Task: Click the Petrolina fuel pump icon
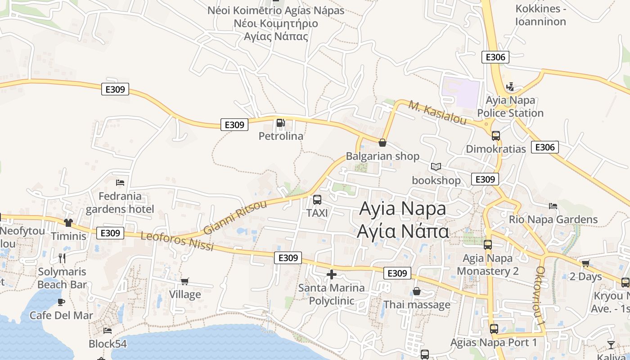pos(280,122)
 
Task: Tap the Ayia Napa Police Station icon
pos(510,86)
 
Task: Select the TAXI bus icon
pos(317,200)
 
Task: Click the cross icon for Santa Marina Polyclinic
pos(332,274)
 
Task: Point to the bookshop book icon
pos(436,167)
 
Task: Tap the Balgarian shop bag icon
pos(382,143)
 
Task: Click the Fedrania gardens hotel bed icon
pos(120,183)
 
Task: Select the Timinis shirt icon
pos(68,222)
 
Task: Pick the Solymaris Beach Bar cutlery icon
pos(62,258)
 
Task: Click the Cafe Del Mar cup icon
pos(61,302)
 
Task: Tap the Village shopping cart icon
pos(184,281)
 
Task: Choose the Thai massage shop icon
pos(417,292)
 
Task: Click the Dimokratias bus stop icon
pos(496,135)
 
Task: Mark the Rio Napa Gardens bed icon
pos(553,206)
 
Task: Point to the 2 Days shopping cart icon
pos(585,263)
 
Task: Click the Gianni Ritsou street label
pos(235,217)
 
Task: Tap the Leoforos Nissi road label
pos(177,241)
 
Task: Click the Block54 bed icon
pos(108,331)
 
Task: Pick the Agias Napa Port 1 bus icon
pos(494,329)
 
